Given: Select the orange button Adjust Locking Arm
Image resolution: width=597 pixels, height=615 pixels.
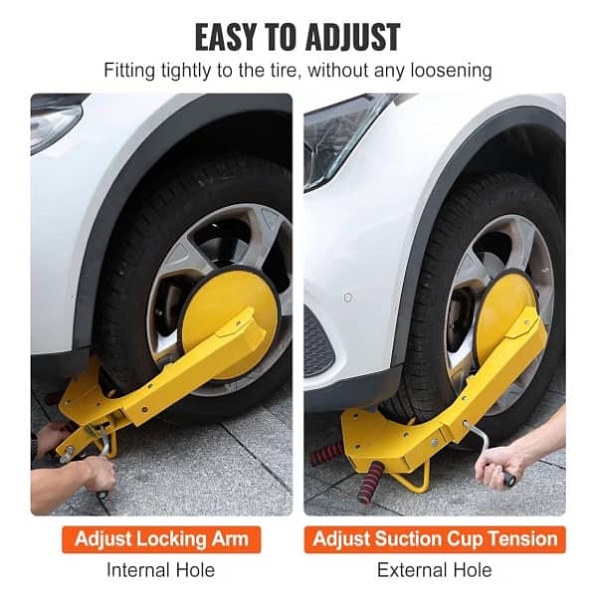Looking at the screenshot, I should [167, 540].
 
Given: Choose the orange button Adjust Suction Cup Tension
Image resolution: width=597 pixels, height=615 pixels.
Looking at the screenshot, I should [435, 540].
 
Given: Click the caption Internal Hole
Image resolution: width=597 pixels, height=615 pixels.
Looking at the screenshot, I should [161, 570].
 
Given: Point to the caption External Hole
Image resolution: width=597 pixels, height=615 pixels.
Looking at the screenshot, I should [434, 570].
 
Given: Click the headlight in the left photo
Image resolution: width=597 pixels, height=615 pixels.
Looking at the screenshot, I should [55, 125].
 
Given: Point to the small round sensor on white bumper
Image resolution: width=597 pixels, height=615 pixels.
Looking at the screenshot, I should [347, 298].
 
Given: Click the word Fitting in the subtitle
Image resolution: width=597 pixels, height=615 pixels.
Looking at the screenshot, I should [131, 72].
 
